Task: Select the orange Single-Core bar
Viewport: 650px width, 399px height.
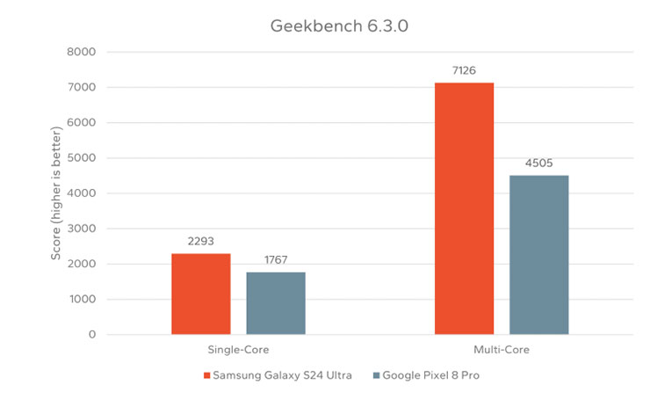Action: [201, 294]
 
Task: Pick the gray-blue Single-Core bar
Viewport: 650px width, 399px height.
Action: [276, 303]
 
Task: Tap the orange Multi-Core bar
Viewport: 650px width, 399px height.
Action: [464, 208]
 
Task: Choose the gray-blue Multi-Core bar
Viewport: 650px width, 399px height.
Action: [538, 255]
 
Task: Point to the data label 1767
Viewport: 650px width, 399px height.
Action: [276, 260]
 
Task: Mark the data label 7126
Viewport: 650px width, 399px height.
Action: [464, 70]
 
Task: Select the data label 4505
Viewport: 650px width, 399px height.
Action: [538, 163]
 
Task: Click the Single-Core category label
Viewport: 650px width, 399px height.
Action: [238, 351]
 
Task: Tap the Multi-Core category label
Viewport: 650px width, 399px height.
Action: [502, 351]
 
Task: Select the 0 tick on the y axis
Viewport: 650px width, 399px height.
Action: [90, 335]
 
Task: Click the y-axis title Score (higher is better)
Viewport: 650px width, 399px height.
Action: [55, 193]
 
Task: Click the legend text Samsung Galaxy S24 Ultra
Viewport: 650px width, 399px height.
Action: [283, 376]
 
